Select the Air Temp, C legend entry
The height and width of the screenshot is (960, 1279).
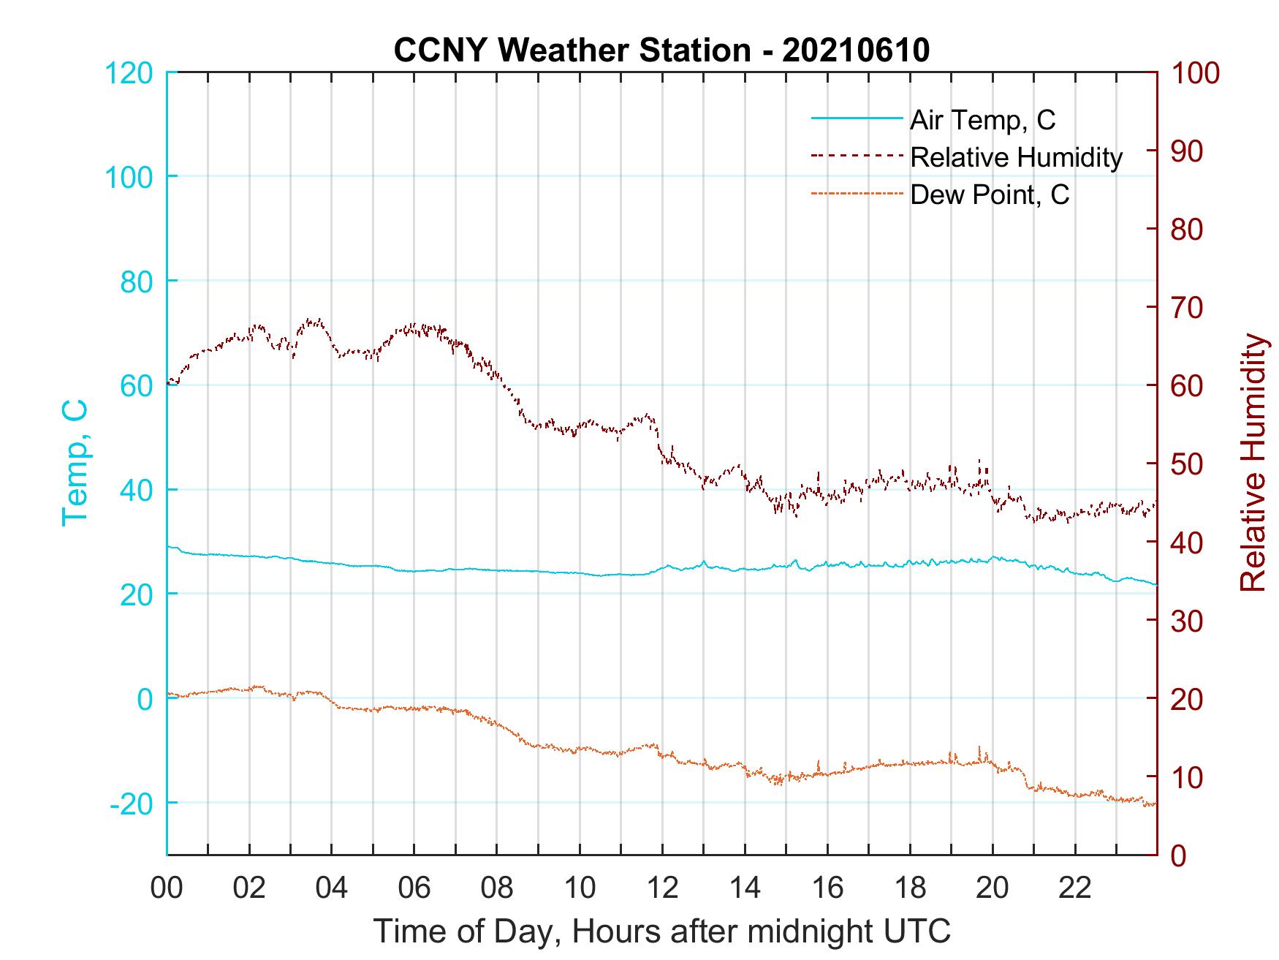982,120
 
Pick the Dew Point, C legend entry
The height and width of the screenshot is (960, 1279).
989,195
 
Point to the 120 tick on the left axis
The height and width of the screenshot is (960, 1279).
129,73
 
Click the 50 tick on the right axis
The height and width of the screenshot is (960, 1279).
1186,464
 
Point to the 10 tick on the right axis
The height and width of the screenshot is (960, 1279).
1186,777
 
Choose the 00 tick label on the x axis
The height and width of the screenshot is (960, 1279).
167,888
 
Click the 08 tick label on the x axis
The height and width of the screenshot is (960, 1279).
497,888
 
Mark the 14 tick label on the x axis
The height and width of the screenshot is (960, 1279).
745,888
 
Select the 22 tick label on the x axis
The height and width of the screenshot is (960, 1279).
1075,888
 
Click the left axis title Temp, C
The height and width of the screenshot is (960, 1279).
75,462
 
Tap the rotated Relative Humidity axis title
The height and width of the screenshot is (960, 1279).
1253,462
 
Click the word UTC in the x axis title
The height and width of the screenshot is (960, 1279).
918,931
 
